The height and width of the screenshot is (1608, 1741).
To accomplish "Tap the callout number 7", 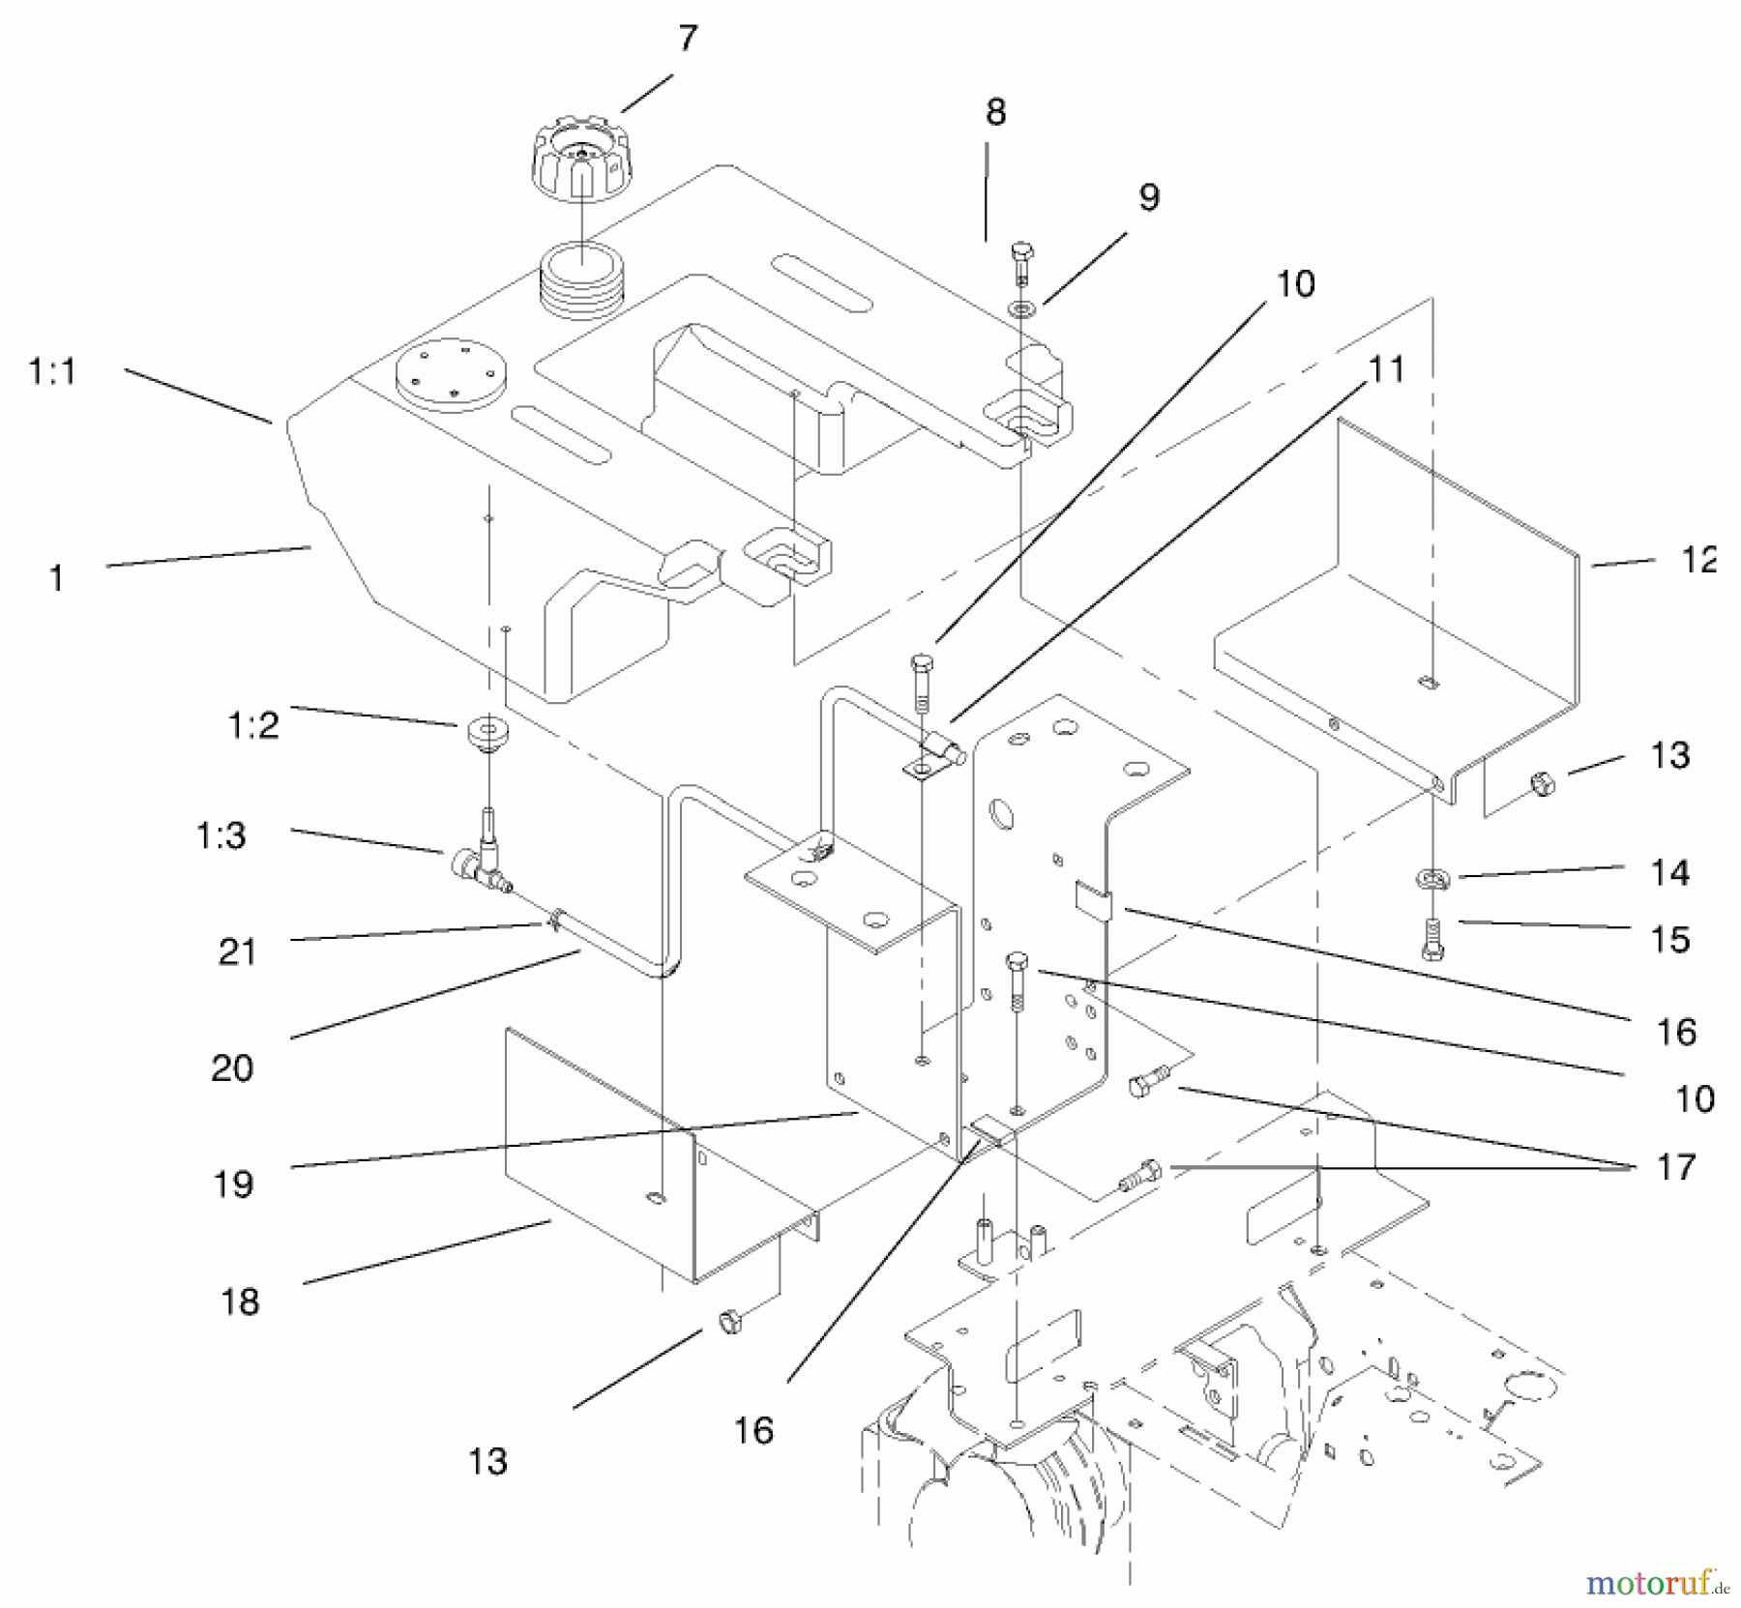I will coord(687,39).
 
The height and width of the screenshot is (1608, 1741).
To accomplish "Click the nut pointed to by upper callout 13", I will coord(1543,781).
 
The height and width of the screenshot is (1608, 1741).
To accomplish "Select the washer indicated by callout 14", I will coord(1432,878).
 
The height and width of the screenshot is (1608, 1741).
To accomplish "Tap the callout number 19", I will coord(233,1184).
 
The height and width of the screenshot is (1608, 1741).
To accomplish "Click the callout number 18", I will coord(239,1301).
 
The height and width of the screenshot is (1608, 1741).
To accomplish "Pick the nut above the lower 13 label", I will coord(730,1320).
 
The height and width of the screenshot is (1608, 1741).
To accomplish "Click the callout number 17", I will coord(1676,1167).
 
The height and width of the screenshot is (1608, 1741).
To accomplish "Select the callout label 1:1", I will coord(52,371).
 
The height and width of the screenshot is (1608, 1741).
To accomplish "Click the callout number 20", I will coord(232,1068).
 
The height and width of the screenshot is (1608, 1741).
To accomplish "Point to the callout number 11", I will coord(1386,369).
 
